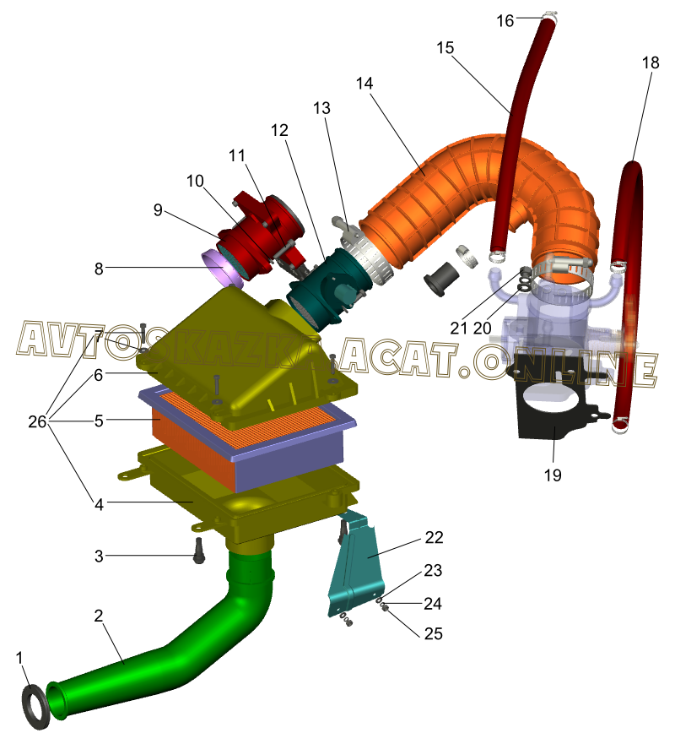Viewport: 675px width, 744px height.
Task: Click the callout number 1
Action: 21,656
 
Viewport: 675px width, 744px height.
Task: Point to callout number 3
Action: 99,556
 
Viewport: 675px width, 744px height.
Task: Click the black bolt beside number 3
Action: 199,552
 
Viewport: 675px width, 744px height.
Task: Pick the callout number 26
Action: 37,421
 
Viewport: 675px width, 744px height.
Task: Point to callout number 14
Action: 364,84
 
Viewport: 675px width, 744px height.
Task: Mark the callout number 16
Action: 505,20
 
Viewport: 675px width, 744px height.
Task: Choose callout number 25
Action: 433,633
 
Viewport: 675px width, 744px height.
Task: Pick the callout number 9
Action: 158,210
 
